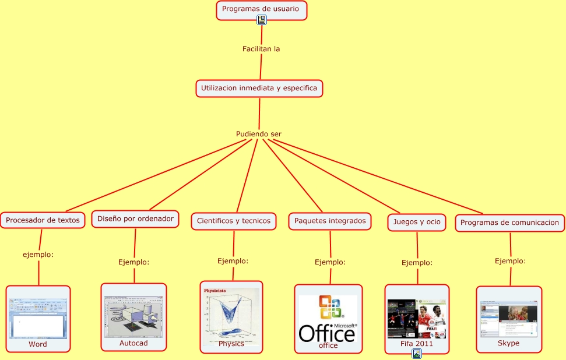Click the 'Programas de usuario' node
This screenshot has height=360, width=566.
click(261, 9)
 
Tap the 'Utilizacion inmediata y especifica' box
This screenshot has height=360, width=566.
click(259, 88)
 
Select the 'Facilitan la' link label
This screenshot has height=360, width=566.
click(261, 49)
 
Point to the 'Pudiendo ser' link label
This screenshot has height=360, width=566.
click(259, 134)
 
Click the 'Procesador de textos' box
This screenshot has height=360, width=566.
click(43, 220)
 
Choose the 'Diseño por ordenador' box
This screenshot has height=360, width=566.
click(135, 219)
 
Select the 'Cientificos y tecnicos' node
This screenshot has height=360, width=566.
click(233, 221)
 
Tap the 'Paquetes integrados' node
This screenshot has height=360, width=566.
click(330, 221)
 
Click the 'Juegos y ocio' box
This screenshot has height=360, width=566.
click(417, 222)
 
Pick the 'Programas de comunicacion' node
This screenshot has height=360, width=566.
click(509, 222)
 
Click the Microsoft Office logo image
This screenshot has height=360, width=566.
click(328, 318)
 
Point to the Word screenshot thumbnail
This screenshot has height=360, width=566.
click(38, 317)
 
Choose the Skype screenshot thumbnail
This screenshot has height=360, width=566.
click(509, 319)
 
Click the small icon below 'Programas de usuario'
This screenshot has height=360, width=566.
click(262, 20)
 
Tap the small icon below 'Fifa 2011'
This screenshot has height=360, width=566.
click(417, 354)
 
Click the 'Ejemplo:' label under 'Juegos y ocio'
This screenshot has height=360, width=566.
click(417, 263)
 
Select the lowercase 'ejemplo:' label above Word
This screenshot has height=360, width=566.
click(38, 255)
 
